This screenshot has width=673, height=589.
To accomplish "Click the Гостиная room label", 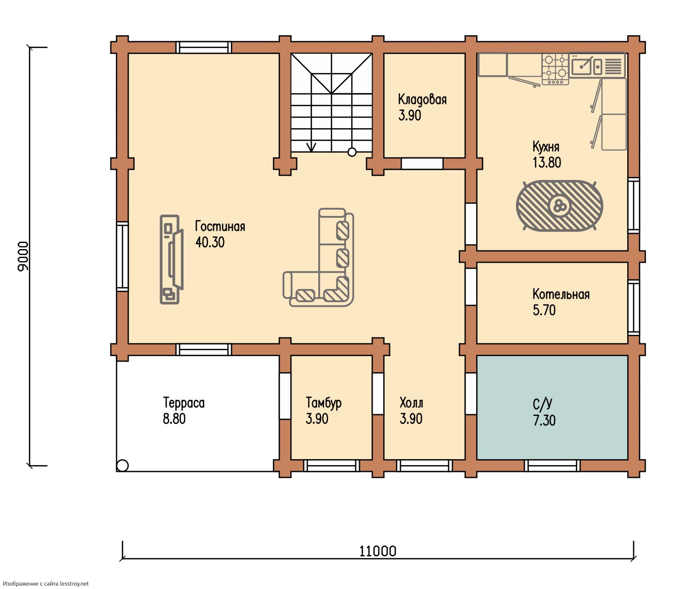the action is coord(220,226).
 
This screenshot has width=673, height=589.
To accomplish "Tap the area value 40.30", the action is coord(210,242).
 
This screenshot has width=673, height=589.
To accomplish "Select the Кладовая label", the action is coord(422,100).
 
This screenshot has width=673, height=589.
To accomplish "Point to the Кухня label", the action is coord(546,147).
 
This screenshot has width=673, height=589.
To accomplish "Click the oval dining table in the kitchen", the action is coord(559,206).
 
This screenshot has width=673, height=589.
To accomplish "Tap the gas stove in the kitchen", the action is coord(555,69).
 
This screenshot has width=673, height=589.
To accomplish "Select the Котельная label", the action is coord(561,294).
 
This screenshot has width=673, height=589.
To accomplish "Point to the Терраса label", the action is coord(184,402).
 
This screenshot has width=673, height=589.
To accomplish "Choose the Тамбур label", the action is coord(323,403).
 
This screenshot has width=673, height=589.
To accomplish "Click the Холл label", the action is coord(411,402).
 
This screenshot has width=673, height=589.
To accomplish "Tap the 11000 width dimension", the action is coord(378,551).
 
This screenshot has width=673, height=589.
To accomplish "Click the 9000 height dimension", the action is coord(23,256).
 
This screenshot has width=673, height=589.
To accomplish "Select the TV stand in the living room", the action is coord(171,259).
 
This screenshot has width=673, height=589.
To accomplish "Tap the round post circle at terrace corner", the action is coord(123,466).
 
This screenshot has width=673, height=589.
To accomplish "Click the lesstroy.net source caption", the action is coord(45,583).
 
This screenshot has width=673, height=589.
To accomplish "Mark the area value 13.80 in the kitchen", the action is coord(547,163).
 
